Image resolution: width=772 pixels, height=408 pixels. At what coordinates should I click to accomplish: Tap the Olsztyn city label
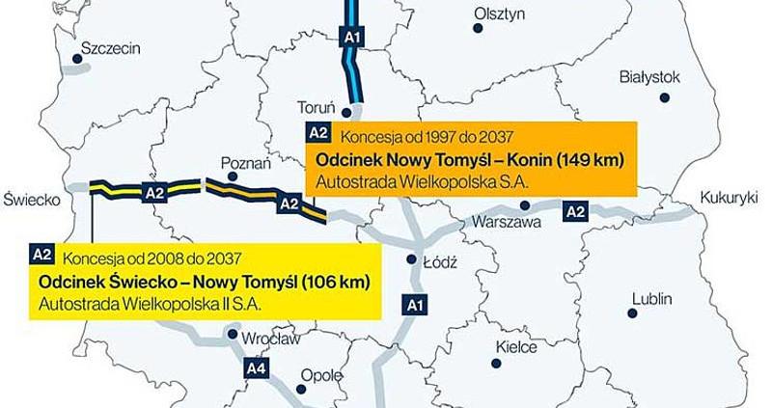coord(499,14)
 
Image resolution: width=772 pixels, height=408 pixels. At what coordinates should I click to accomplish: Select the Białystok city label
coord(652,76)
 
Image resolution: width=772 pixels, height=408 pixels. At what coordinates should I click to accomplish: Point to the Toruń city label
coord(317,106)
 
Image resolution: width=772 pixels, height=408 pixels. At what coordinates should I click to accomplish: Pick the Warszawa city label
coord(498,221)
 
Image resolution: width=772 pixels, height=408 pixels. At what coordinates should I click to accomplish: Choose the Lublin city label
coord(651,298)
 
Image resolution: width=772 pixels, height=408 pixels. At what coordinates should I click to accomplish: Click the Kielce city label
coord(514,344)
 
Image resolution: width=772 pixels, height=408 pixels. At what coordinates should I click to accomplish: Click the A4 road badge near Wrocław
coord(256,367)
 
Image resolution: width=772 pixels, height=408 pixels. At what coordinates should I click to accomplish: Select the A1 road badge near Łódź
coord(414,306)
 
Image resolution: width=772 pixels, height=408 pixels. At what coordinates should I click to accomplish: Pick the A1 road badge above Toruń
coord(352,38)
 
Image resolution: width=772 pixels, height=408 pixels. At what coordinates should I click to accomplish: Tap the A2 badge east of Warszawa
coord(576,211)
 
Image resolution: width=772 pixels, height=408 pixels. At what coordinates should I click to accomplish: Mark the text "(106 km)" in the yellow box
coord(335,283)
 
